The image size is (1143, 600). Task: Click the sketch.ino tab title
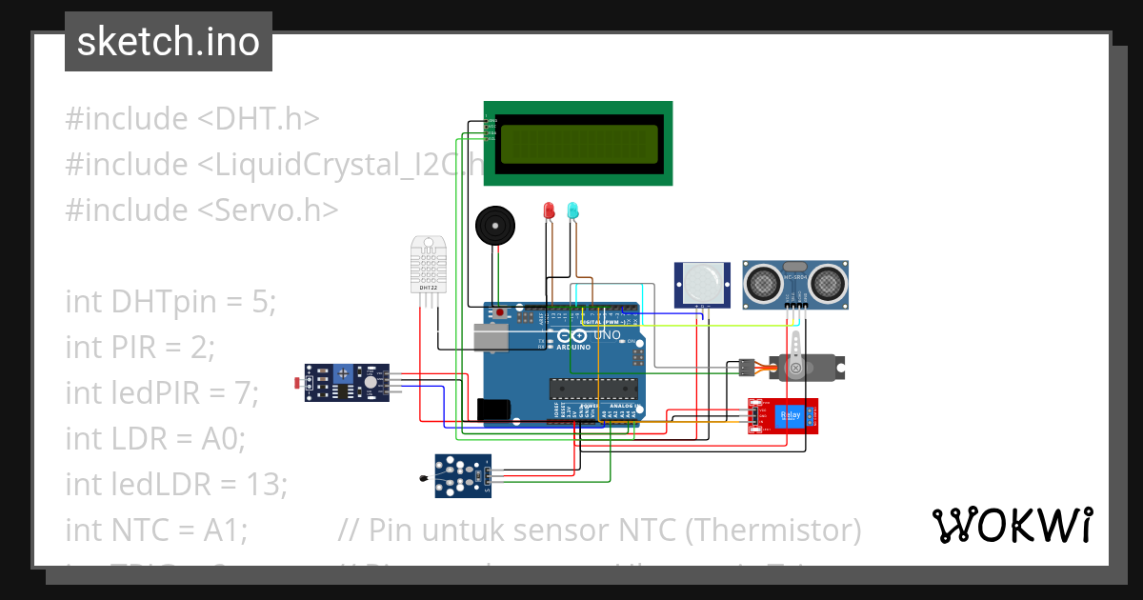(169, 42)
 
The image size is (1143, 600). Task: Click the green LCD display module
(577, 144)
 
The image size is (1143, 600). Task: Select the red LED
(549, 210)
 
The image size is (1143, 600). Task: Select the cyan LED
(573, 210)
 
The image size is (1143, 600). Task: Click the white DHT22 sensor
(429, 264)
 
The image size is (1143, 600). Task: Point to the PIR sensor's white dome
(702, 281)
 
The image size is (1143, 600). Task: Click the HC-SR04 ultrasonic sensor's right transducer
(826, 282)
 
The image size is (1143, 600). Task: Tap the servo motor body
(808, 366)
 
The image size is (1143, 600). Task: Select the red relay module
(785, 416)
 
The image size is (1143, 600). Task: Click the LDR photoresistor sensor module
(347, 382)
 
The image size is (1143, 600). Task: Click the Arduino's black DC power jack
(493, 410)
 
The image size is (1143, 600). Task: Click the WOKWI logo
(1012, 525)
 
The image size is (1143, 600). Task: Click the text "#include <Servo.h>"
(201, 210)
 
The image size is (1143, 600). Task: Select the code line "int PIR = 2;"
(140, 347)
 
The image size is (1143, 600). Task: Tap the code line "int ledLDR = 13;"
(176, 484)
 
